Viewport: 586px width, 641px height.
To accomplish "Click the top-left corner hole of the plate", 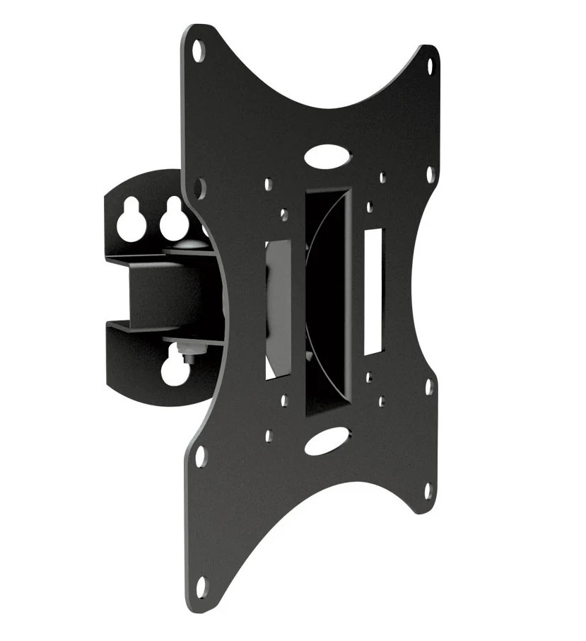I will (x=199, y=52).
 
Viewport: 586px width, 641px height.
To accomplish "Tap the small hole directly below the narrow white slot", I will (x=370, y=378).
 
